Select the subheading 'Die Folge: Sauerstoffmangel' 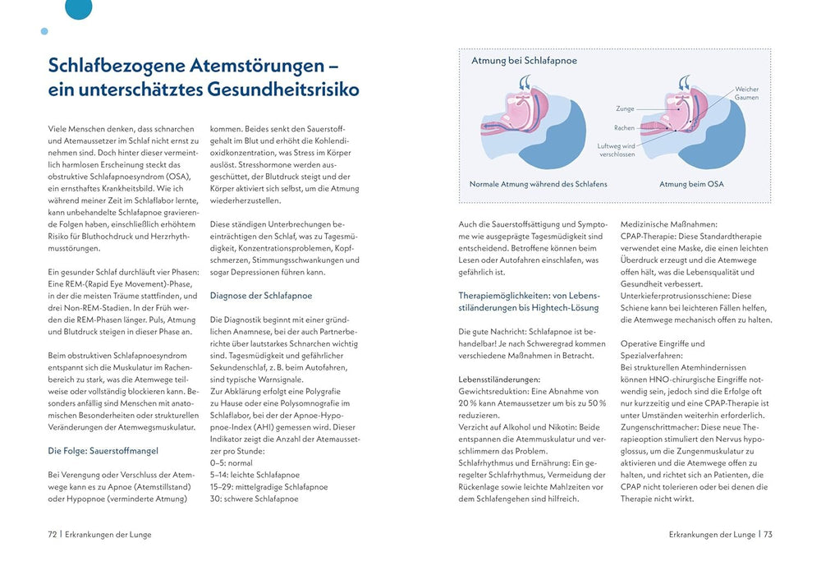point(103,450)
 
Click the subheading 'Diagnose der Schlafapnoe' point(260,296)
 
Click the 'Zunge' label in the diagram point(625,108)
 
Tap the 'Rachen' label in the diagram point(624,128)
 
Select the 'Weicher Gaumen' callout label point(746,93)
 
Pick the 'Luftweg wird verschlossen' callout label point(617,149)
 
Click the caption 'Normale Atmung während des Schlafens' point(539,184)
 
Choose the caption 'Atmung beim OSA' point(691,184)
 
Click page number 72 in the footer point(53,534)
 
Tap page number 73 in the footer point(768,534)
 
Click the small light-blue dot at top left point(44,31)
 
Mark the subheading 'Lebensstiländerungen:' point(499,379)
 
